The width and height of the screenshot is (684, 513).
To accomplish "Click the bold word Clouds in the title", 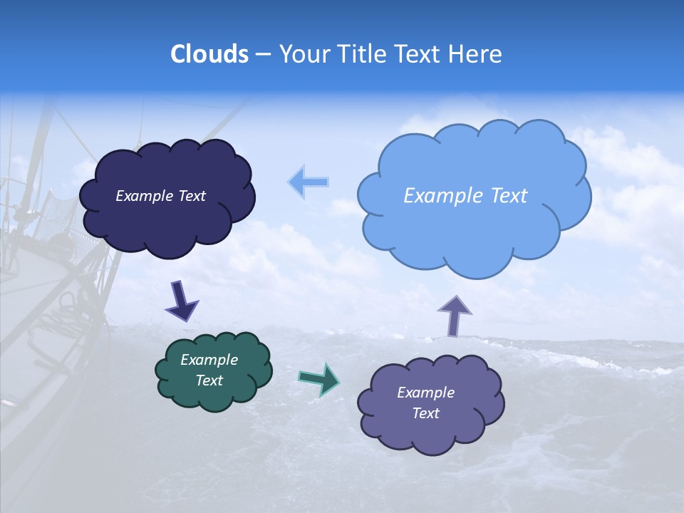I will click(x=209, y=54).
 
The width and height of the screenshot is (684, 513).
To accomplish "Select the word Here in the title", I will click(x=477, y=54).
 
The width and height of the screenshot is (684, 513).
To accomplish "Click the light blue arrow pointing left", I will click(x=309, y=182).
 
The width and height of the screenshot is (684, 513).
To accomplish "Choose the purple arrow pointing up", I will click(x=454, y=315).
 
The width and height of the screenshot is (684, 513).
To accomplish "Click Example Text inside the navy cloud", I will click(x=160, y=196).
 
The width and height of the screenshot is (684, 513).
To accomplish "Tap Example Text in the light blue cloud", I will click(x=465, y=196).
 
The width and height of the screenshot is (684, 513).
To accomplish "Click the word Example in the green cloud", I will click(x=209, y=360).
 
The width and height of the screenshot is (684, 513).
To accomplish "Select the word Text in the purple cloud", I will click(x=425, y=413).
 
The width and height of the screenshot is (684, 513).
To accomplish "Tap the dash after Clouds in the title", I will click(x=262, y=55).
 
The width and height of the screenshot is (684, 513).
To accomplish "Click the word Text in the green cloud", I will click(x=209, y=380).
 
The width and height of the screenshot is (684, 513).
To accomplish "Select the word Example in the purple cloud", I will click(x=425, y=393).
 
